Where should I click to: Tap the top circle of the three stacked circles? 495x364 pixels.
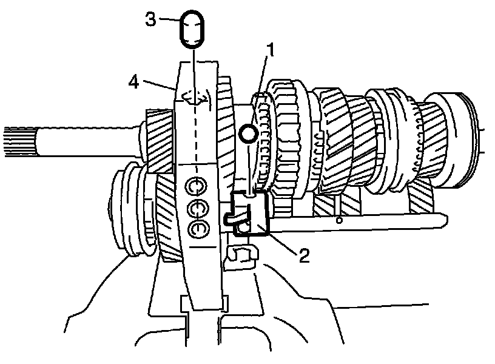pyautogui.click(x=197, y=184)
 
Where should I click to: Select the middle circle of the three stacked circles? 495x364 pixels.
pyautogui.click(x=197, y=209)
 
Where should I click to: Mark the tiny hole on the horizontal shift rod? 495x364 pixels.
pyautogui.click(x=339, y=221)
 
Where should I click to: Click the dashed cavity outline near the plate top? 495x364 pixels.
pyautogui.click(x=196, y=97)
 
